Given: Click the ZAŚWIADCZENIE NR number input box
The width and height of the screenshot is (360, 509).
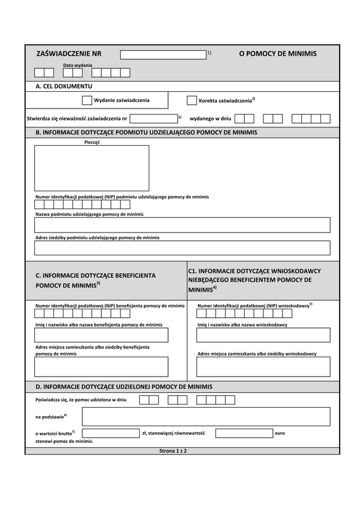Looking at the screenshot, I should tap(163, 55).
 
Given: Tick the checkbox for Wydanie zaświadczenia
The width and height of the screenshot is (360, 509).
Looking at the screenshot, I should tap(87, 101).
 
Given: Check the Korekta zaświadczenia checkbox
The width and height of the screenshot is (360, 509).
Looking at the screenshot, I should tap(192, 101).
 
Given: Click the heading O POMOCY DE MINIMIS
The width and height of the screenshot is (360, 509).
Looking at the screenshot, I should tap(277, 54).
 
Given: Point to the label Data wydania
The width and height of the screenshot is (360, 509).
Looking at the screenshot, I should tap(77, 65).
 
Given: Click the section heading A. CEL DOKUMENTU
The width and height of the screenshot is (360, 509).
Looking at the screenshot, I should tap(60, 87).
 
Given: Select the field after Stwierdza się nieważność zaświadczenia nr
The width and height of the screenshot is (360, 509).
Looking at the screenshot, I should tap(153, 119).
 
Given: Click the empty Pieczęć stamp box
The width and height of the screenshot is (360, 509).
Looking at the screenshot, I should tap(91, 168).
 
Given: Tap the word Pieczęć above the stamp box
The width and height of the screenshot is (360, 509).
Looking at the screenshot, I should tap(92, 142).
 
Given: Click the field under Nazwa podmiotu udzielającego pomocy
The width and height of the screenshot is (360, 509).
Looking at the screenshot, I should tap(182, 225).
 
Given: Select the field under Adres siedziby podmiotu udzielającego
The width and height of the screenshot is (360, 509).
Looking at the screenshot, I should tap(182, 248).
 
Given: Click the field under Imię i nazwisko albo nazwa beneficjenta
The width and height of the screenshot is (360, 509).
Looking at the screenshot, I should tap(101, 335).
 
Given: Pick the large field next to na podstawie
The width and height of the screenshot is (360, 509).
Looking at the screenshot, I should tap(206, 416).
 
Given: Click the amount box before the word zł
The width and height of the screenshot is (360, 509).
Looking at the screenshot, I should tap(110, 433).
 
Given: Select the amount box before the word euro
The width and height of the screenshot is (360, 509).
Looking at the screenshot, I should tap(244, 433).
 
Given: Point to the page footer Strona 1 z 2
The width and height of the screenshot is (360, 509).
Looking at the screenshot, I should tap(173, 451).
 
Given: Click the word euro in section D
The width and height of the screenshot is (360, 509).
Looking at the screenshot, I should tap(279, 433).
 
